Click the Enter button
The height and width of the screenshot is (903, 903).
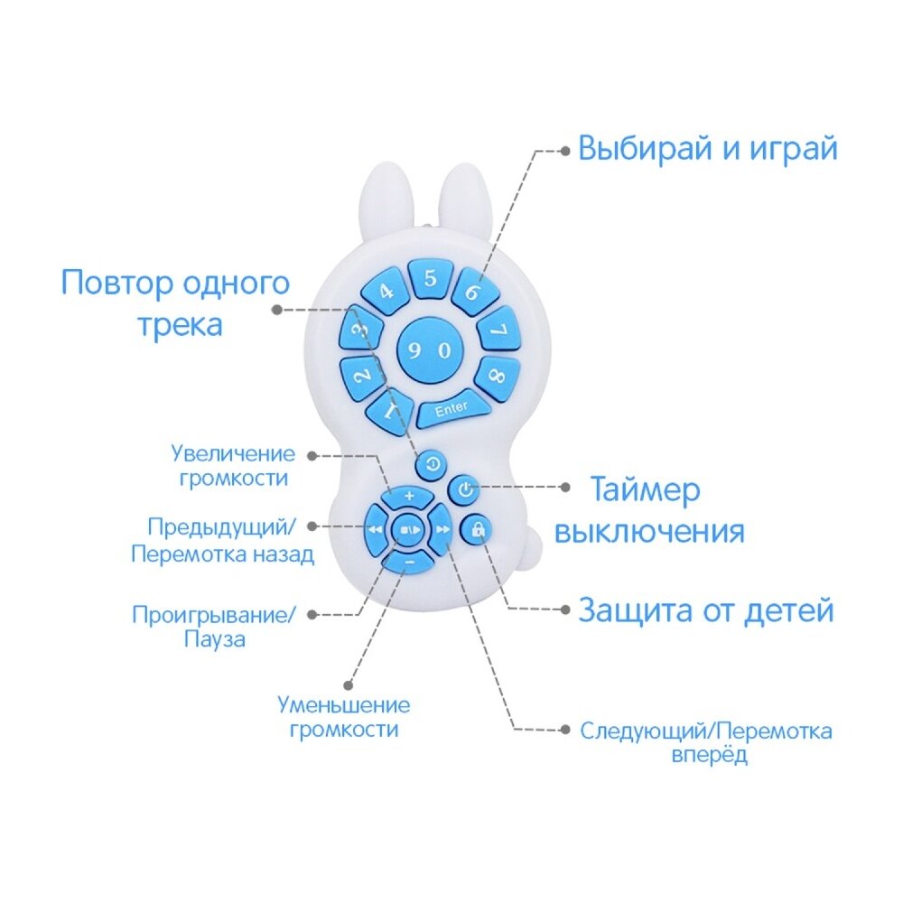point(452,408)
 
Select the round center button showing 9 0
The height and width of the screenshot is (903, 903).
point(431,350)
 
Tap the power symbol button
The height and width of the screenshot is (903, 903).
point(465,490)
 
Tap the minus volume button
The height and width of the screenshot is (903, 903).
point(408,562)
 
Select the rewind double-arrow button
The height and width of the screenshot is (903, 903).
point(376,529)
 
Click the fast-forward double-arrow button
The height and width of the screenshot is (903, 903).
point(442,529)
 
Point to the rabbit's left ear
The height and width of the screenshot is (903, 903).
point(382,200)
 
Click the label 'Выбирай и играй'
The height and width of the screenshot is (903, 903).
point(707,149)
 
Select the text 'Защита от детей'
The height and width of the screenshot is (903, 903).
point(706,610)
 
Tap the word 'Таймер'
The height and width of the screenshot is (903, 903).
point(646,490)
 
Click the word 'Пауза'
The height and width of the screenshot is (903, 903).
point(215,639)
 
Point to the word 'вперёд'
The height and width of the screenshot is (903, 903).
point(710,754)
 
